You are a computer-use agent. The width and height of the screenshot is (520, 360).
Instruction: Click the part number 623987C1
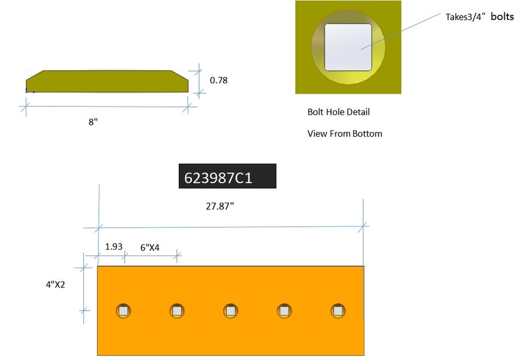pyautogui.click(x=218, y=178)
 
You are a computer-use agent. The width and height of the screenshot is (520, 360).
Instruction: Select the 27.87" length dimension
pyautogui.click(x=220, y=206)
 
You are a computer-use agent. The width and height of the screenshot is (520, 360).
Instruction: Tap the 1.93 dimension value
pyautogui.click(x=114, y=247)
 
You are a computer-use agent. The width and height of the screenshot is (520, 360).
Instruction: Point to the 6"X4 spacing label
pyautogui.click(x=150, y=248)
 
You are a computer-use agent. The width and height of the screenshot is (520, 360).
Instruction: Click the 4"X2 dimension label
pyautogui.click(x=55, y=284)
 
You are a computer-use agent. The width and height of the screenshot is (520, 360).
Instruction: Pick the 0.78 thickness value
pyautogui.click(x=218, y=80)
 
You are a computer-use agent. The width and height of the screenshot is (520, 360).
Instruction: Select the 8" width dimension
pyautogui.click(x=93, y=122)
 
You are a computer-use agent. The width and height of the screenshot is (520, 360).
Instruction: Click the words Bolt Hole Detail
pyautogui.click(x=339, y=112)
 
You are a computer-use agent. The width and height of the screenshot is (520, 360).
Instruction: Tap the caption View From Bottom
pyautogui.click(x=344, y=133)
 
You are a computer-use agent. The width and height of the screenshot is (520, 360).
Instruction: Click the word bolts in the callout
pyautogui.click(x=503, y=16)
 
